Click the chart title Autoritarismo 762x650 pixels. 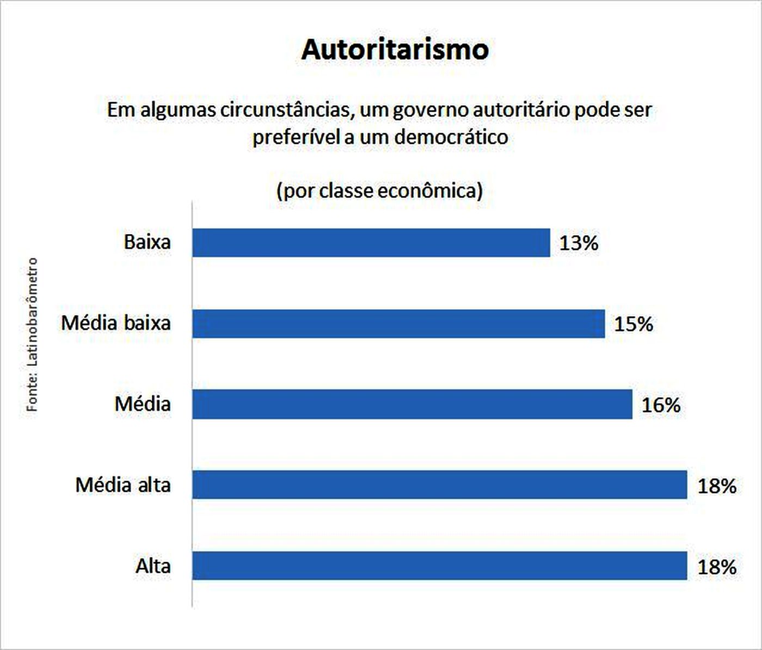395,50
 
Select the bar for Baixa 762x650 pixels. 371,243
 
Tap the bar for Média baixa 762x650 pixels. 398,324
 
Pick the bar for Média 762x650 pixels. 412,404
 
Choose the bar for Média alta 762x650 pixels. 439,485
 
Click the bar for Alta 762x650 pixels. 439,566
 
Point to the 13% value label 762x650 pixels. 579,243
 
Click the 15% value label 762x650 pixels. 634,324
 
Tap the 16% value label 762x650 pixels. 661,405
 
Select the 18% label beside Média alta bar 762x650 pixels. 717,486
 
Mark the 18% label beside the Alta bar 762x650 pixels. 717,567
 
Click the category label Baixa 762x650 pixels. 147,242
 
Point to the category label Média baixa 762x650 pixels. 116,323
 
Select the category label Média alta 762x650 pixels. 123,485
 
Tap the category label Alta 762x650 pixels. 153,566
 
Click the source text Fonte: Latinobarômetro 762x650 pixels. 33,334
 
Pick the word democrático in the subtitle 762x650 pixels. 451,137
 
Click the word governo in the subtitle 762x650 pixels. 429,110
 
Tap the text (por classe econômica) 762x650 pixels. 379,191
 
